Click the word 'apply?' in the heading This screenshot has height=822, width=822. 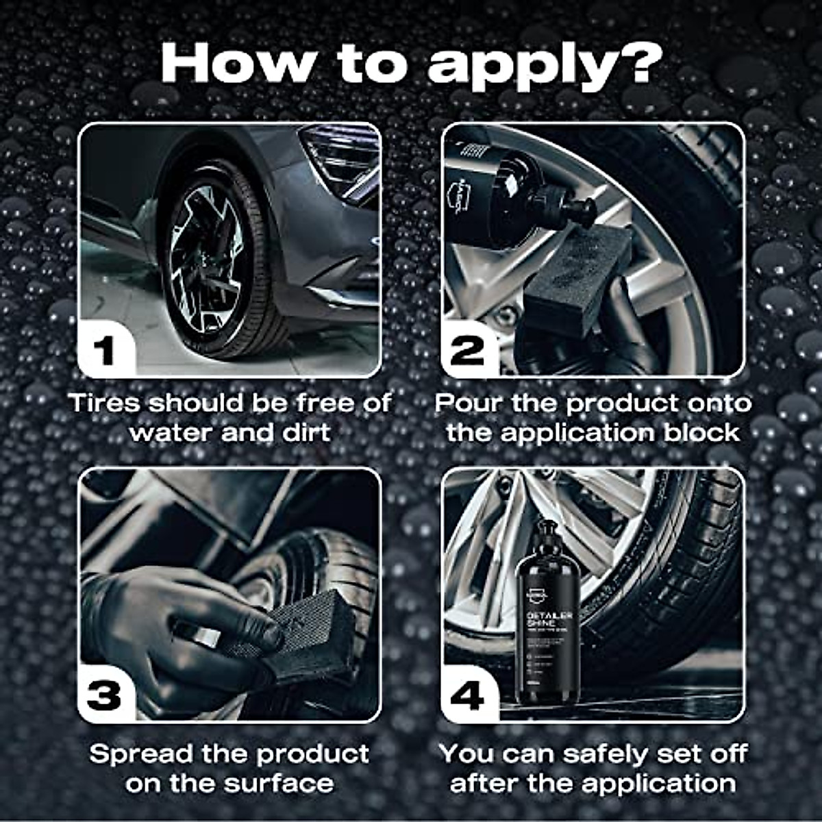pyautogui.click(x=545, y=65)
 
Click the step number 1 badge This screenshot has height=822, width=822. pyautogui.click(x=104, y=351)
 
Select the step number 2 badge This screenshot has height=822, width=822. pyautogui.click(x=468, y=351)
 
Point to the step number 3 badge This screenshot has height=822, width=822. pyautogui.click(x=104, y=696)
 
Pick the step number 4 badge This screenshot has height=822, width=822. pyautogui.click(x=468, y=696)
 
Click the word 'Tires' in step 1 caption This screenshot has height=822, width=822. pyautogui.click(x=105, y=403)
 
